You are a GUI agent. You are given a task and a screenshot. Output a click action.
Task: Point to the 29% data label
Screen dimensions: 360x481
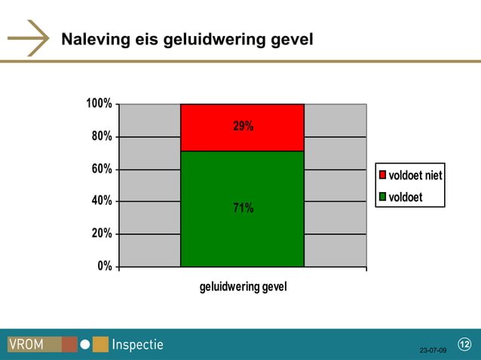(x=243, y=127)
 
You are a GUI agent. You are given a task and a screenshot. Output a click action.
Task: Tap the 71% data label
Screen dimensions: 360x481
(x=243, y=208)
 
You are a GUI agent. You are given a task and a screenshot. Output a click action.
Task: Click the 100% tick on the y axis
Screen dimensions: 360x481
(x=99, y=103)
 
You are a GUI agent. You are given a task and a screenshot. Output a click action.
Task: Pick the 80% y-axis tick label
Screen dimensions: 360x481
(x=102, y=136)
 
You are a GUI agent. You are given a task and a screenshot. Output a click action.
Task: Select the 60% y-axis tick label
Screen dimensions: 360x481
(x=102, y=169)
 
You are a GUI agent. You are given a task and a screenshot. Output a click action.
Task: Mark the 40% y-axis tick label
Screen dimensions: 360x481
(x=102, y=201)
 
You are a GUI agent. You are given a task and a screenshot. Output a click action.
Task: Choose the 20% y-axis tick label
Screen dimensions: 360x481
(x=102, y=233)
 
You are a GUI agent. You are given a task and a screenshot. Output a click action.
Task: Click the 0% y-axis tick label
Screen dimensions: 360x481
(x=105, y=266)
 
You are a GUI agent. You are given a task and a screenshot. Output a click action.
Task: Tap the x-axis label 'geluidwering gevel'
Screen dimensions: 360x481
(x=243, y=287)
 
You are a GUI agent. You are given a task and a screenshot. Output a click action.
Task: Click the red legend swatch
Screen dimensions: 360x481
(x=382, y=175)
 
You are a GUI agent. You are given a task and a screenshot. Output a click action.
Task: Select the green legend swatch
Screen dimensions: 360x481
(x=382, y=197)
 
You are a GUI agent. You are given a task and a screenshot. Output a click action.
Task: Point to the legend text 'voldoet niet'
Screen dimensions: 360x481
(x=415, y=175)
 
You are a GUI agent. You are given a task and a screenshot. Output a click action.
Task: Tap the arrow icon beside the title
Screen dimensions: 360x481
(x=29, y=38)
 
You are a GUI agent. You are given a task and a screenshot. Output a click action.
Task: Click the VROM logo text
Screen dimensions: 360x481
(x=26, y=345)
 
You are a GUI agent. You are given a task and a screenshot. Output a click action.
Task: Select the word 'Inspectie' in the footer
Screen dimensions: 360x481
(x=137, y=345)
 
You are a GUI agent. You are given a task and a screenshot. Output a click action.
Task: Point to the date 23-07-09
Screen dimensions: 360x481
(x=433, y=351)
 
